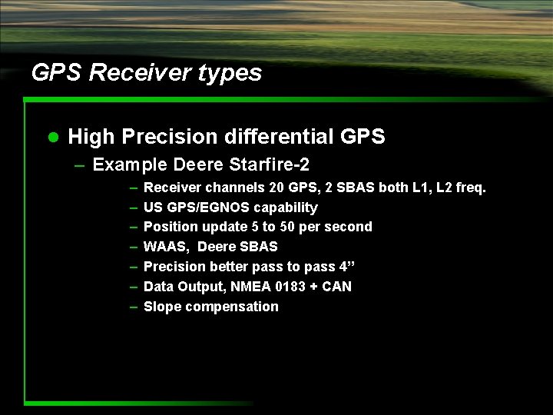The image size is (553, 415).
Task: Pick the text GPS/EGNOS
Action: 206,207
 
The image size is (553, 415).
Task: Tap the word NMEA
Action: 250,287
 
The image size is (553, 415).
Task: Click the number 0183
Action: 293,287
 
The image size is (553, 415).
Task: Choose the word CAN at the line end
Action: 337,287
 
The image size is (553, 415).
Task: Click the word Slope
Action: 161,307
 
